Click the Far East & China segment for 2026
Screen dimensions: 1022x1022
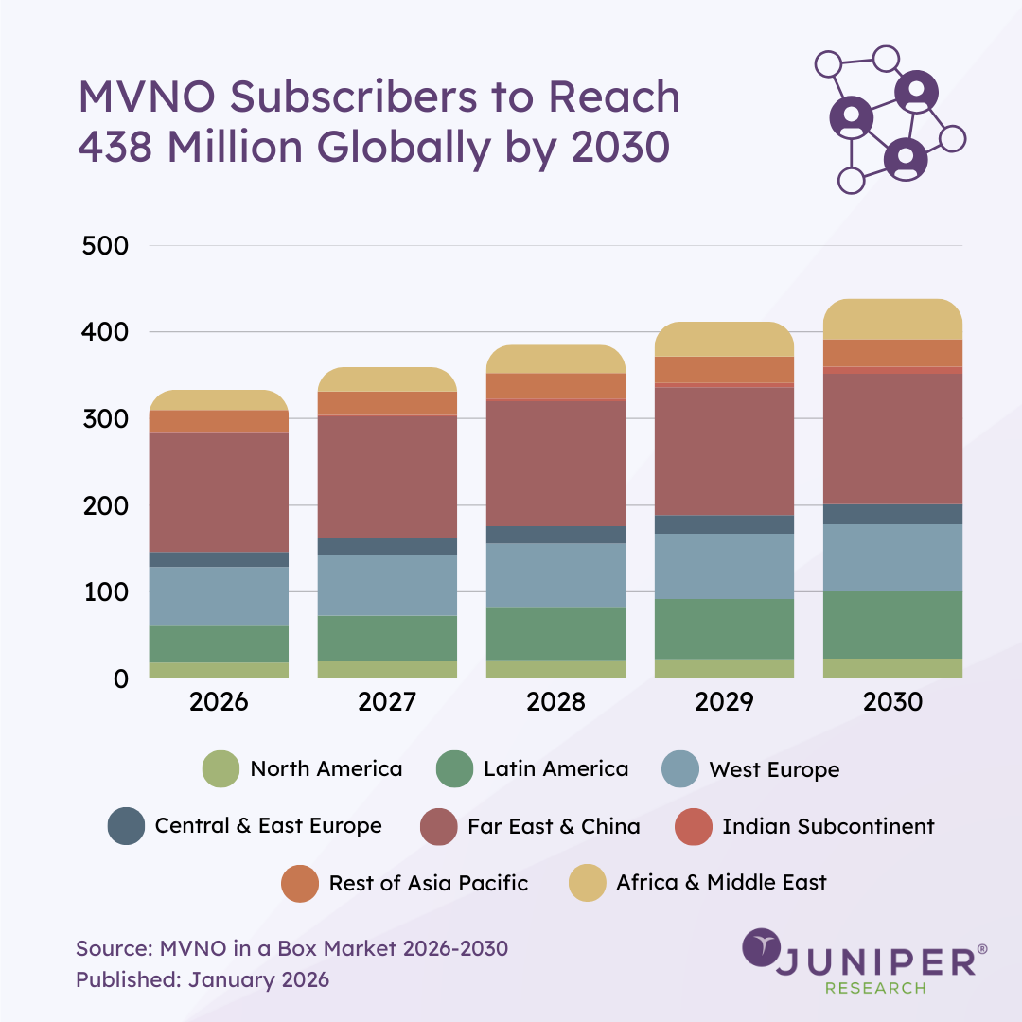(219, 492)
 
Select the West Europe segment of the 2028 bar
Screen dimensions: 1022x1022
(555, 574)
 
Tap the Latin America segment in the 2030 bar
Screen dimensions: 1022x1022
(892, 625)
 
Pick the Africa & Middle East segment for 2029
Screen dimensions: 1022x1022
(724, 339)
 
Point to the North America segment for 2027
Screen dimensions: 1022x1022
(387, 669)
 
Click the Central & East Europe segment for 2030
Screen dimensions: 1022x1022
(892, 514)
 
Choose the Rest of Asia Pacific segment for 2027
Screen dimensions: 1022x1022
(387, 402)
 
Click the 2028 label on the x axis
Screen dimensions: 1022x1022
(555, 702)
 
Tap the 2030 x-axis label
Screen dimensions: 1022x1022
(892, 702)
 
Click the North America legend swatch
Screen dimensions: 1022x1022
(221, 769)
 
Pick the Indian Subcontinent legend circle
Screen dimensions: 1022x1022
(694, 826)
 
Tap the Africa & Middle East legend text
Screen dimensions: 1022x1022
(721, 883)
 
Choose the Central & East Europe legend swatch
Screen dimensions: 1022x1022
(127, 826)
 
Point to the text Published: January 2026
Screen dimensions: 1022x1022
(203, 979)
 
